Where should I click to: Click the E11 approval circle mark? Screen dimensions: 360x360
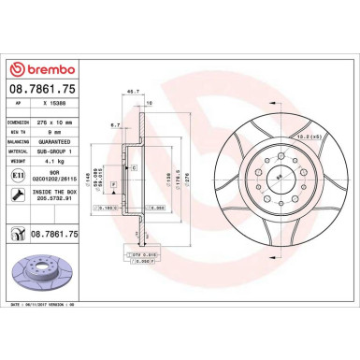click(x=20, y=176)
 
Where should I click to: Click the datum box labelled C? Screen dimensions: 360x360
click(x=134, y=167)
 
